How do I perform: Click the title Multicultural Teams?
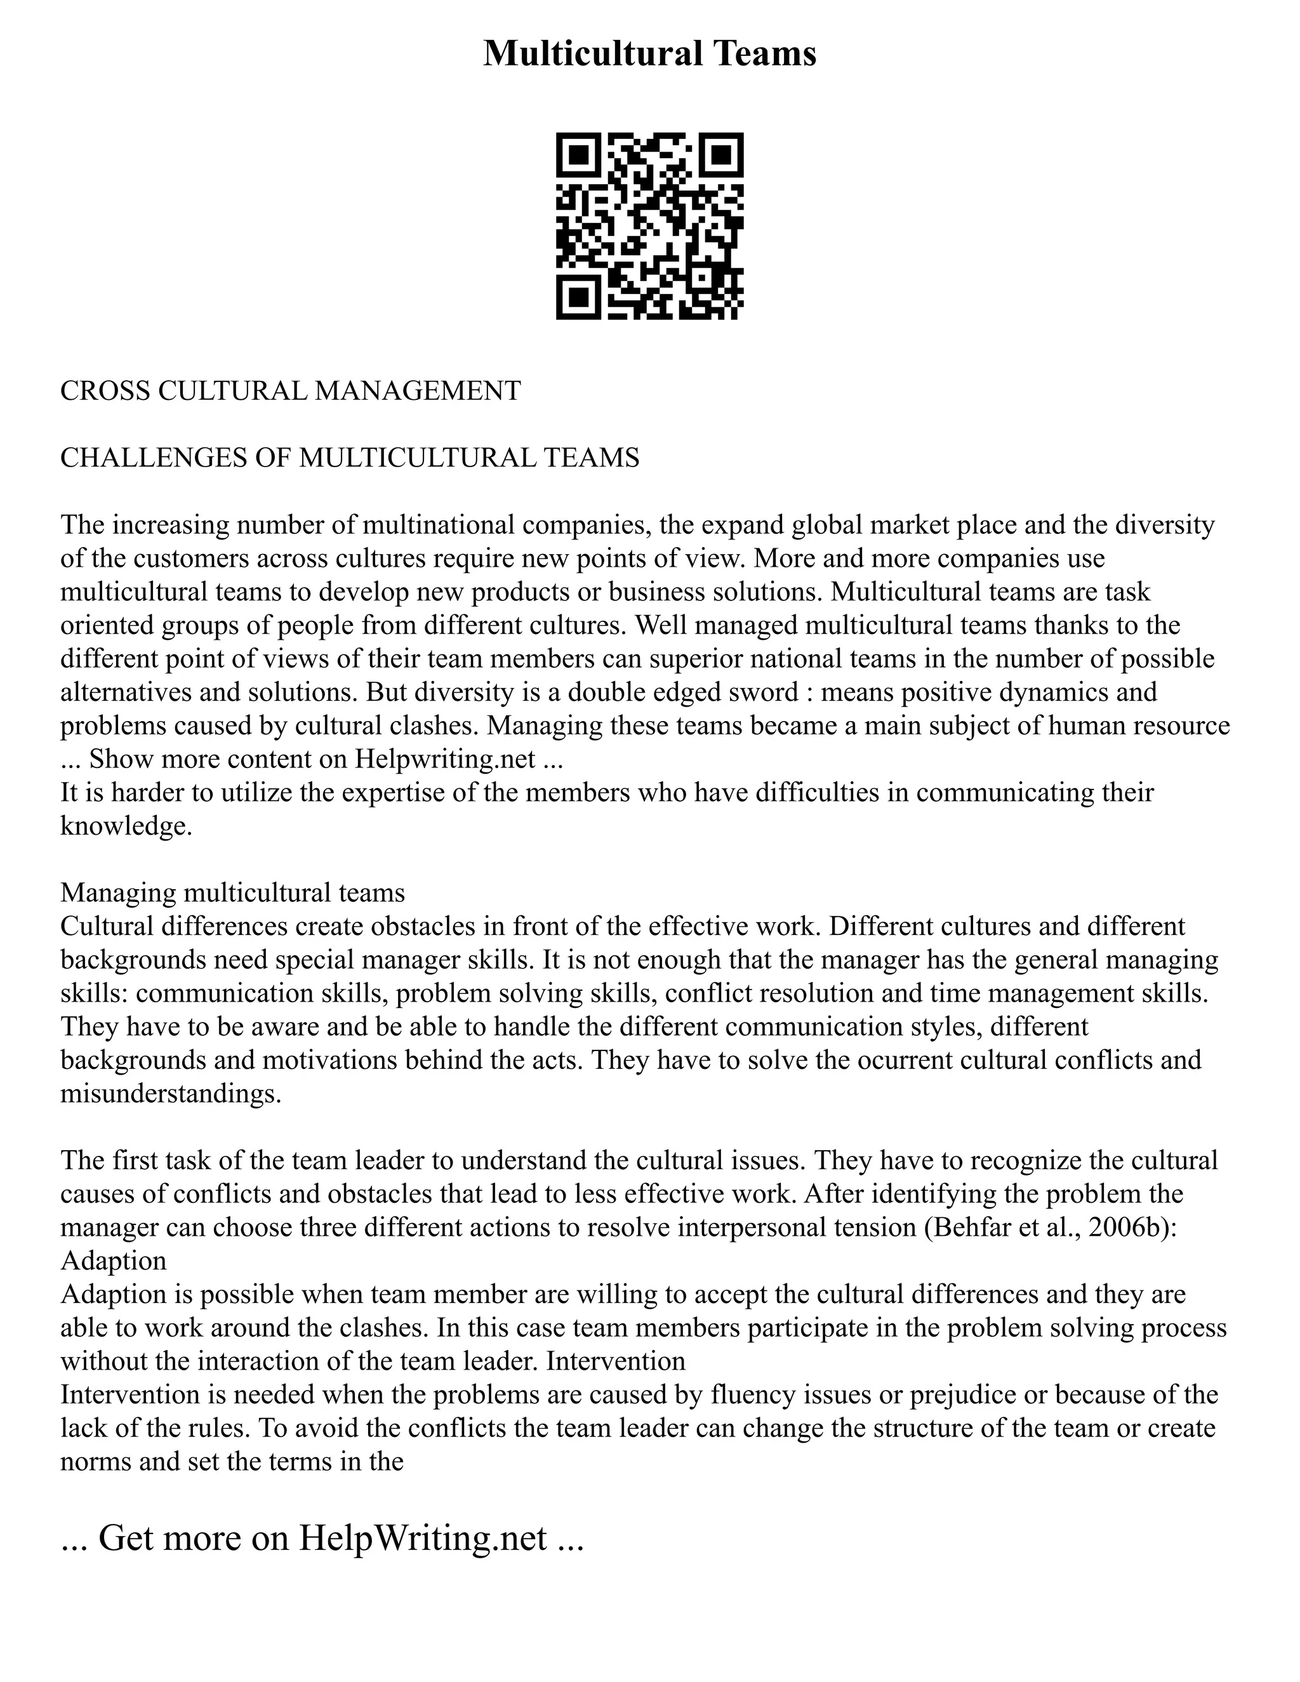point(649,54)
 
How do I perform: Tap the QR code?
point(649,226)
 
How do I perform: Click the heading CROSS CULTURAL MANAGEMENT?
point(290,390)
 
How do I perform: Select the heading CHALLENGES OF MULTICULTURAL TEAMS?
point(350,458)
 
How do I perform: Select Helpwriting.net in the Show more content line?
point(444,758)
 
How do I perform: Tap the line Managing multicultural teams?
point(232,892)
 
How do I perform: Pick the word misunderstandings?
point(170,1094)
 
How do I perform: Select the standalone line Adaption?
point(113,1261)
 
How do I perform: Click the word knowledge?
point(125,826)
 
